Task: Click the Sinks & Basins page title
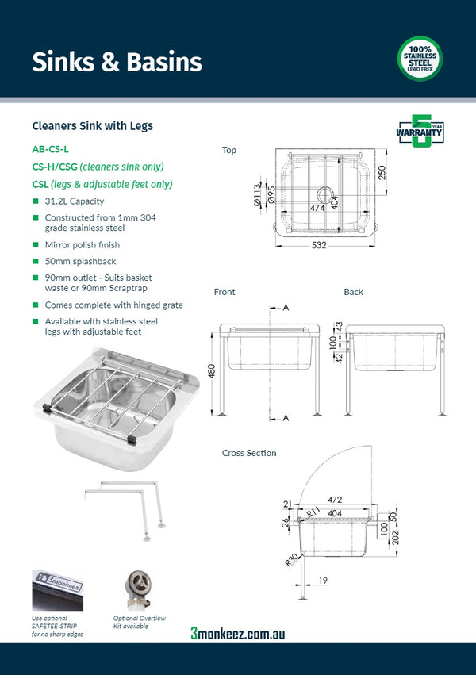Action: [x=117, y=61]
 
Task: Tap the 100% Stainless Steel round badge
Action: [x=420, y=59]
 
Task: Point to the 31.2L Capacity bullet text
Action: [x=74, y=201]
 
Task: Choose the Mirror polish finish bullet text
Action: [x=82, y=245]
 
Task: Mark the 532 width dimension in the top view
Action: [x=318, y=245]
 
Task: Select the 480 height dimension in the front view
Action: [x=211, y=371]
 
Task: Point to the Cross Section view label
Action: [x=249, y=453]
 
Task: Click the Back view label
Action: [x=353, y=292]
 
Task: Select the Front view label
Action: [x=225, y=292]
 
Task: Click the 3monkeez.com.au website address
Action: [x=237, y=633]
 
